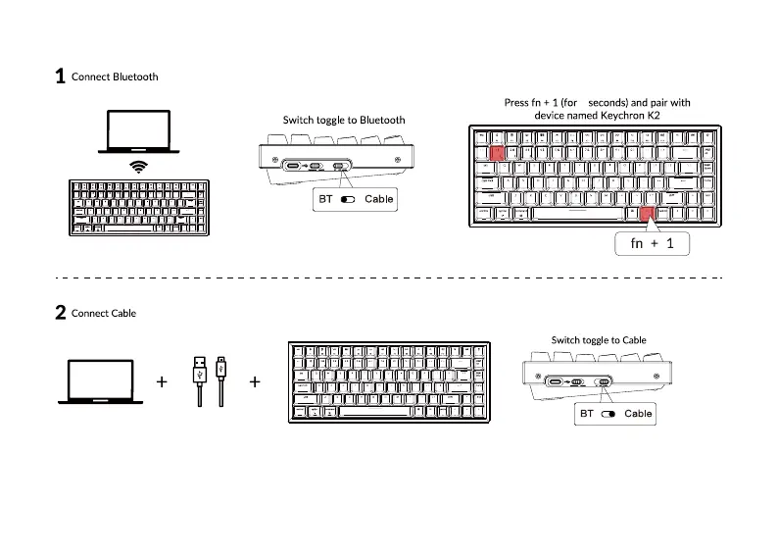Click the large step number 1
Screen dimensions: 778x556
tap(60, 76)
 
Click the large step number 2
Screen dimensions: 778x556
tap(60, 313)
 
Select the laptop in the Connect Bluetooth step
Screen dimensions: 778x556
tap(140, 131)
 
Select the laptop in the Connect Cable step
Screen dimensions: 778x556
tap(100, 381)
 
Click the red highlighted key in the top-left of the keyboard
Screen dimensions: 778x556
tap(497, 153)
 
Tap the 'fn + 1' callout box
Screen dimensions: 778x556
tap(653, 243)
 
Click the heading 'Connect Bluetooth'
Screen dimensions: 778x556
tap(115, 76)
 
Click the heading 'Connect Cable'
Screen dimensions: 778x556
tap(104, 313)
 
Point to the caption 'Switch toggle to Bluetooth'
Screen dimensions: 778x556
tap(344, 120)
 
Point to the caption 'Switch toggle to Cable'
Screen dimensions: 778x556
tap(599, 340)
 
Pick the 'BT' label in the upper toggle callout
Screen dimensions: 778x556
tap(325, 199)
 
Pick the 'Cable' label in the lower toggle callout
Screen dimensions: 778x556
tap(638, 414)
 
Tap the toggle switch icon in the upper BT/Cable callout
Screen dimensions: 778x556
tap(349, 199)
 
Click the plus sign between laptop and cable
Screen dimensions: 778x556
tap(162, 381)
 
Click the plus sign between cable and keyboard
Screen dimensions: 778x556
tap(255, 381)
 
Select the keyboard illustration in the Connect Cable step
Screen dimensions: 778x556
tap(390, 381)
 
